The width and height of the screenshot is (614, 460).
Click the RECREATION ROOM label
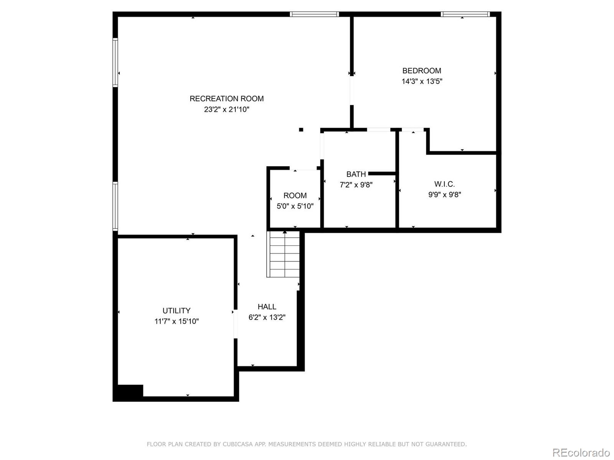point(226,99)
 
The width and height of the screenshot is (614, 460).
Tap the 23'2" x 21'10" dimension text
point(226,109)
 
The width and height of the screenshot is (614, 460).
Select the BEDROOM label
point(421,71)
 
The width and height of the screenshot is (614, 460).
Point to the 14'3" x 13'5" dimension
point(422,81)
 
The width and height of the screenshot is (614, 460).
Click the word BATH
point(356,174)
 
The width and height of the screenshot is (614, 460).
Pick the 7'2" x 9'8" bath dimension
point(356,185)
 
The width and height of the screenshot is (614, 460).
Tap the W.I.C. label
point(444,184)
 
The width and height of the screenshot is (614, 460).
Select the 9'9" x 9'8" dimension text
point(444,194)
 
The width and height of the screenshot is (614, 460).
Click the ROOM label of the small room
point(295,195)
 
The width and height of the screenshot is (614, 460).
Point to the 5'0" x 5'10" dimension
point(295,206)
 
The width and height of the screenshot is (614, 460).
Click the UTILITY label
point(176,310)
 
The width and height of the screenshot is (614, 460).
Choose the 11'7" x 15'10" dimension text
point(176,321)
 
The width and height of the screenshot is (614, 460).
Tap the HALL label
point(267,307)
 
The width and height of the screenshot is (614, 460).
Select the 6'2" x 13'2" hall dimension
point(267,317)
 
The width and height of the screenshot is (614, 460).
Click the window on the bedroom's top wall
point(465,14)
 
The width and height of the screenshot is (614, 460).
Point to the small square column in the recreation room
point(301,130)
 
